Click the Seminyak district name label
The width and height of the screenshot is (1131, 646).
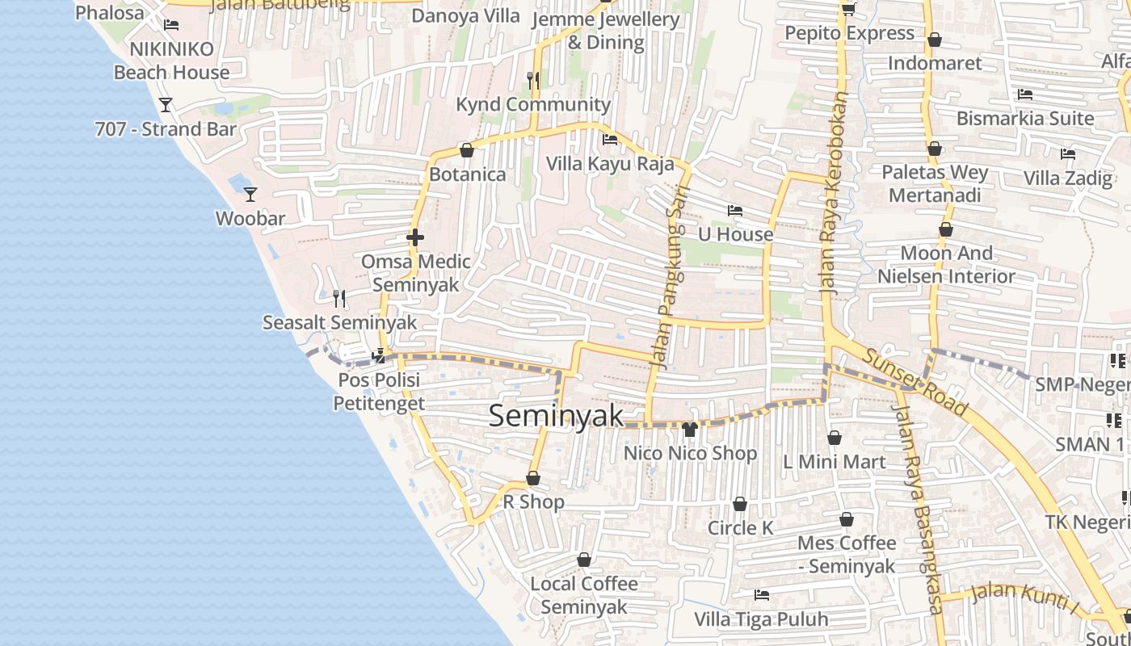pyautogui.click(x=557, y=416)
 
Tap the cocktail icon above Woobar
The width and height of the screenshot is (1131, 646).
pyautogui.click(x=250, y=194)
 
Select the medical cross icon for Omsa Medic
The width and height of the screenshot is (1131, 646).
pyautogui.click(x=415, y=237)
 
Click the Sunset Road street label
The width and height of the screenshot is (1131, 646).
pyautogui.click(x=914, y=383)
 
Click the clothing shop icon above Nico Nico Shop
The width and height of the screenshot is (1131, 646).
pyautogui.click(x=690, y=430)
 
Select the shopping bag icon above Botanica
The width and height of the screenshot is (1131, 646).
pyautogui.click(x=466, y=150)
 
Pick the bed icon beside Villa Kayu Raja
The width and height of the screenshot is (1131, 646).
pyautogui.click(x=610, y=140)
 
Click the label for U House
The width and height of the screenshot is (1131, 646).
pyautogui.click(x=735, y=234)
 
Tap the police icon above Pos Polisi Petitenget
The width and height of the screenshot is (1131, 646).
pyautogui.click(x=378, y=355)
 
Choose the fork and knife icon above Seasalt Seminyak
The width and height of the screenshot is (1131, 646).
pyautogui.click(x=339, y=299)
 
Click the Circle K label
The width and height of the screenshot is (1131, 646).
pyautogui.click(x=741, y=528)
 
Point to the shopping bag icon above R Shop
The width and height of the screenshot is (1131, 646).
pyautogui.click(x=533, y=479)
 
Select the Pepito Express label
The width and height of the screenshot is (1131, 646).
pyautogui.click(x=850, y=33)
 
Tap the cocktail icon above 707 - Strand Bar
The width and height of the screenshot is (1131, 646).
pyautogui.click(x=166, y=105)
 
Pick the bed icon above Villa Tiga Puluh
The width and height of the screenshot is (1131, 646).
pyautogui.click(x=762, y=596)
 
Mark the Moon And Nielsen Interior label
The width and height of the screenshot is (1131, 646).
pyautogui.click(x=946, y=265)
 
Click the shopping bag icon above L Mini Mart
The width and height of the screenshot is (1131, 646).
pyautogui.click(x=835, y=438)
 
